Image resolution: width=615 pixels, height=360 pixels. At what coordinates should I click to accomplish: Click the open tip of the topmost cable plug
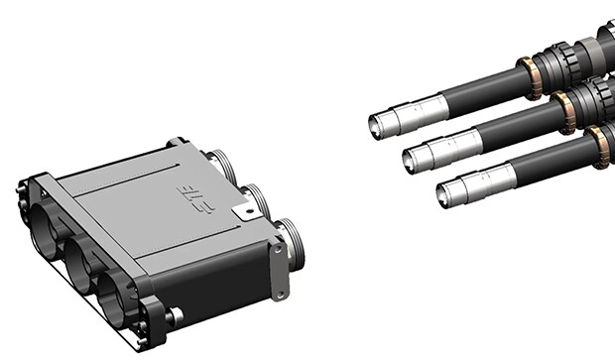tap(378, 124)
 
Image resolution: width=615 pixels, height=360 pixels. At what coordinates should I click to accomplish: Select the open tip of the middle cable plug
tap(413, 157)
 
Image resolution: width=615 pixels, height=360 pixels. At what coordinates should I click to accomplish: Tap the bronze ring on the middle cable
tap(563, 110)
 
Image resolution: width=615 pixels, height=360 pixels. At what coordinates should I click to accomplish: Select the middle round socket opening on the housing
tap(78, 260)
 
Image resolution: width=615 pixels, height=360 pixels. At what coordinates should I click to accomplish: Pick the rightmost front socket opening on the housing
tap(116, 298)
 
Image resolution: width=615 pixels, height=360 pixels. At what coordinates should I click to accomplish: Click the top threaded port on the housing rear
tap(219, 163)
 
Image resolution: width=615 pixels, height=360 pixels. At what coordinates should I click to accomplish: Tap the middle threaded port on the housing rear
tap(256, 199)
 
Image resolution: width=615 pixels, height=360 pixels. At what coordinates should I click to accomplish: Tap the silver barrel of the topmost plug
tap(417, 110)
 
